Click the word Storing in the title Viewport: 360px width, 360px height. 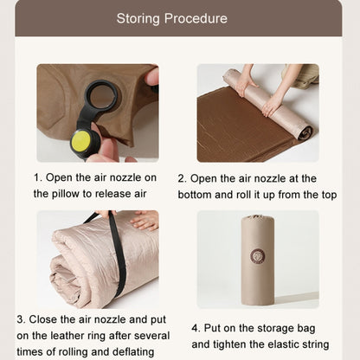point(138,19)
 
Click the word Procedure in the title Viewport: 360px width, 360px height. point(196,18)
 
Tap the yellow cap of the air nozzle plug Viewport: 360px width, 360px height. point(81,141)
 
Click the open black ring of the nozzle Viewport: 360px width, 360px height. point(101,95)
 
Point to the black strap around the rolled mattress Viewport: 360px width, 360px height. point(117,254)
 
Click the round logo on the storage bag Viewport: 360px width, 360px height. point(258,256)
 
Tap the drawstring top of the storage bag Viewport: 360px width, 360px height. point(258,217)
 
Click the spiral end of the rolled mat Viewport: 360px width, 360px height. point(305,132)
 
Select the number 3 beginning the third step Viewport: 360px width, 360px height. point(21,319)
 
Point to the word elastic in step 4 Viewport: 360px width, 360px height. point(284,344)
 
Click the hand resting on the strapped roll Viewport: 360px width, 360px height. point(145,221)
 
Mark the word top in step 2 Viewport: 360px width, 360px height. point(329,196)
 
